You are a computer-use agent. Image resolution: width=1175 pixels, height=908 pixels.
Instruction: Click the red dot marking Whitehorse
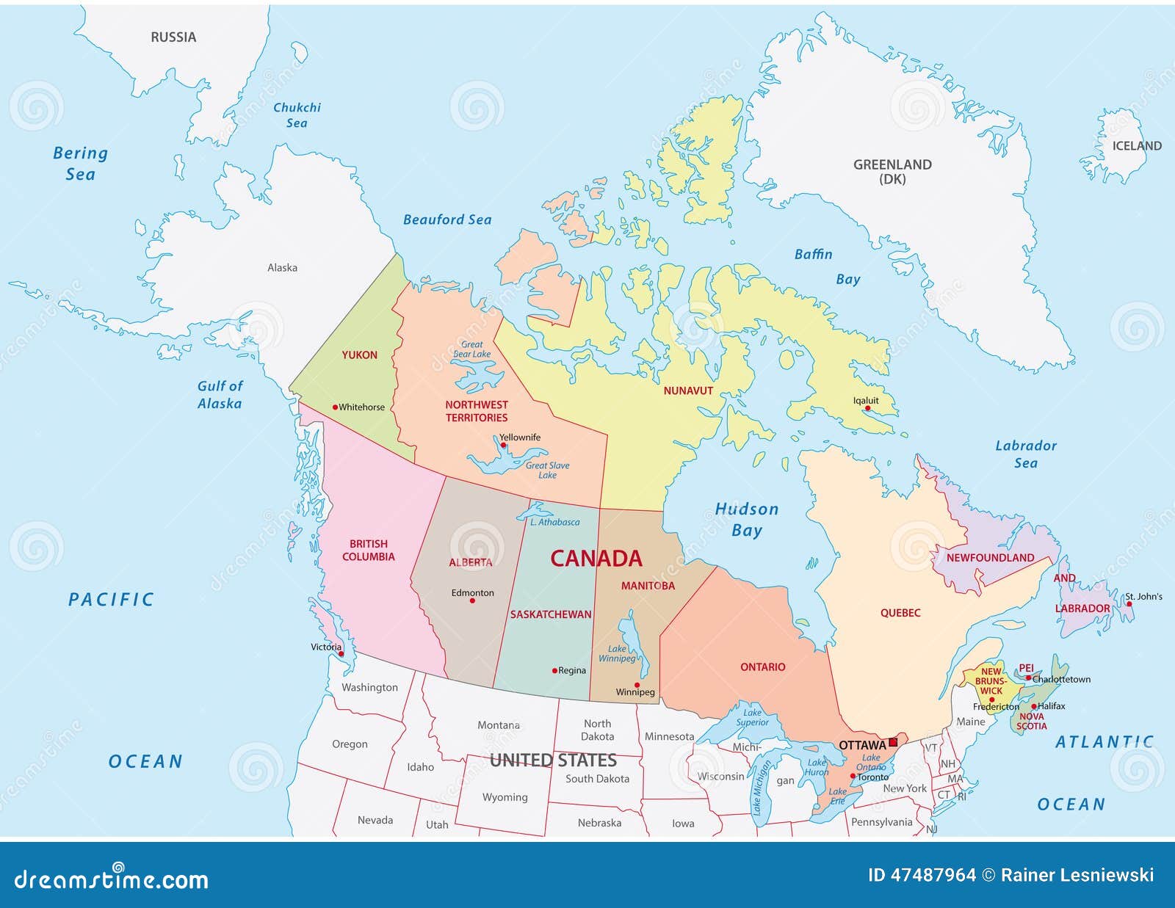click(x=335, y=407)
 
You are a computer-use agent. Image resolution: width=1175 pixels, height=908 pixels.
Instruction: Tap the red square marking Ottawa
click(x=893, y=742)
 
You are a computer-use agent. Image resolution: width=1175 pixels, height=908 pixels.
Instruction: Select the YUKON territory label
click(x=359, y=355)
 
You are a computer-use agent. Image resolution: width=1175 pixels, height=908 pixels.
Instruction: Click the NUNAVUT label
click(x=688, y=391)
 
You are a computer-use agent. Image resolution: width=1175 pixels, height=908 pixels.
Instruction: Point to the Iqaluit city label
click(x=866, y=401)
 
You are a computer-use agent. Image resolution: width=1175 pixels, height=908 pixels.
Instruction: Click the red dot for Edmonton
click(x=472, y=601)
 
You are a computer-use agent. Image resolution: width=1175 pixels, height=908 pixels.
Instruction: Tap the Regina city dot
click(x=554, y=671)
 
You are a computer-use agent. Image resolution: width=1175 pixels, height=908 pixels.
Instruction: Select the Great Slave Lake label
click(x=547, y=470)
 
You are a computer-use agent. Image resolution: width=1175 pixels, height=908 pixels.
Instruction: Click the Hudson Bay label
click(x=747, y=520)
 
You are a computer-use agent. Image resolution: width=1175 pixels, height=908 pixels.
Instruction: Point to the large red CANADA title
click(x=596, y=559)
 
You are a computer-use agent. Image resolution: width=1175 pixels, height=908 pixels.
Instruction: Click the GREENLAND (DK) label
click(x=892, y=172)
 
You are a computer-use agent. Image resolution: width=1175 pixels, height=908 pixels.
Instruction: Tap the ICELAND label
click(x=1137, y=146)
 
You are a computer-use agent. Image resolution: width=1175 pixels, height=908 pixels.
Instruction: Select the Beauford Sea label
click(x=447, y=219)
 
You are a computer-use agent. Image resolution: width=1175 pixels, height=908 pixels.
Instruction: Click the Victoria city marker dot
click(x=341, y=653)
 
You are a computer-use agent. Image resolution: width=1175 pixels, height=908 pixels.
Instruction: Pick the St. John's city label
click(x=1144, y=597)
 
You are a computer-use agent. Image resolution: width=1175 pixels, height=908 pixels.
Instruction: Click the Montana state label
click(x=499, y=725)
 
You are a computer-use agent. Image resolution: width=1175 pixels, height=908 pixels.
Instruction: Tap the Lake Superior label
click(x=752, y=717)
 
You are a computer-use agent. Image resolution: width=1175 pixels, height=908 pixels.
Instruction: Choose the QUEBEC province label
click(x=900, y=613)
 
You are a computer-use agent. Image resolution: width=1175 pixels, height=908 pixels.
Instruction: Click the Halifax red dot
click(x=1033, y=707)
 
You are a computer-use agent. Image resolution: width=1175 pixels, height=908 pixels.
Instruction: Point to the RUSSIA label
click(x=173, y=37)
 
